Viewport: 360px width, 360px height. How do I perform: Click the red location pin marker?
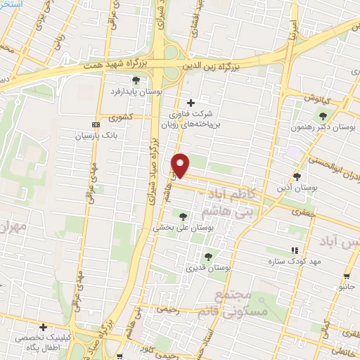[181, 165]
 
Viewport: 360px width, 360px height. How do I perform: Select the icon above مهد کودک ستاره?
[295, 250]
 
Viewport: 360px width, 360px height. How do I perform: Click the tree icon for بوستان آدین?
[297, 176]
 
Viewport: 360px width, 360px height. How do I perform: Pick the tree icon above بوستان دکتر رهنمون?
[323, 116]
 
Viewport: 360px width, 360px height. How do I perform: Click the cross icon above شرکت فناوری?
[191, 103]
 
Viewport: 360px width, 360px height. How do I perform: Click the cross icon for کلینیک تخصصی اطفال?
[44, 327]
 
